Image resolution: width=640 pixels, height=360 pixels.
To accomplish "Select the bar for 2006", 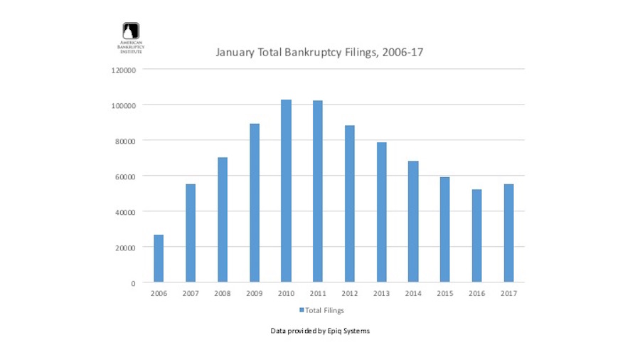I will tap(159, 258).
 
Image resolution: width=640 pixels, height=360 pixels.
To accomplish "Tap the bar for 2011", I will tap(318, 191).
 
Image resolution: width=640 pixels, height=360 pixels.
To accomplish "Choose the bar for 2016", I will tap(476, 235).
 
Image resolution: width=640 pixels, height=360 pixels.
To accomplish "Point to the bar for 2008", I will tap(223, 220).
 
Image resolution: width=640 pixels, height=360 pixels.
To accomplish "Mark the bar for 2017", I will tap(508, 233).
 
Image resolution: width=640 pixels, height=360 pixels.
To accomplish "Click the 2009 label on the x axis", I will tap(255, 294).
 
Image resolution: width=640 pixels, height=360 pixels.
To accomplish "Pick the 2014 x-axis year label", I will tap(413, 294).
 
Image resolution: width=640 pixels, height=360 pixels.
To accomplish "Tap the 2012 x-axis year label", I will tap(350, 294).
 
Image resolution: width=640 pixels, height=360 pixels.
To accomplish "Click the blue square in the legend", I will tap(302, 310).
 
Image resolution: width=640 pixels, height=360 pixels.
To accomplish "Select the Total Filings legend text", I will tap(325, 310).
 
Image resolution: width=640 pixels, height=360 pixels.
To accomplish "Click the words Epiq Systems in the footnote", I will tap(349, 331).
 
